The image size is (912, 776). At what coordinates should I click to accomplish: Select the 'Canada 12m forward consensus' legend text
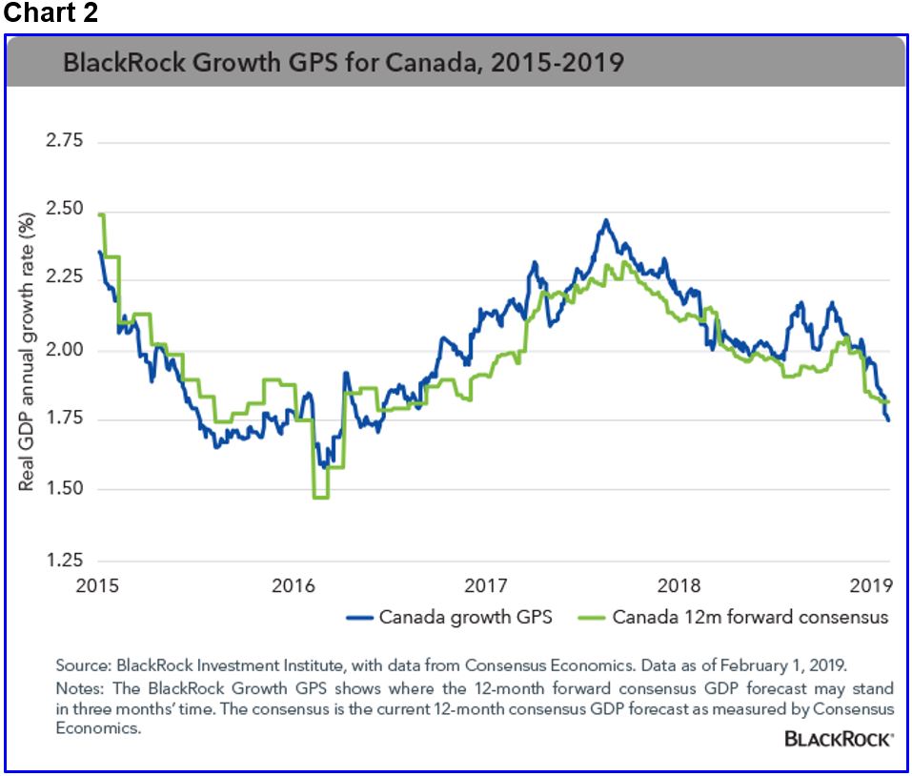[x=750, y=617]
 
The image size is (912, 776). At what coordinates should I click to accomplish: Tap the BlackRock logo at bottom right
[x=839, y=739]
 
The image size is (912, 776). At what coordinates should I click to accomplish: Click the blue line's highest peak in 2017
[x=605, y=220]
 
